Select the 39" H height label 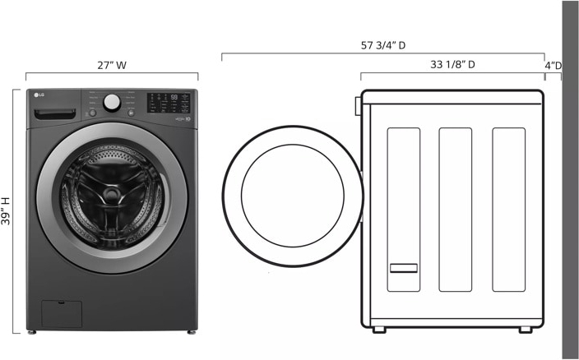pos(7,212)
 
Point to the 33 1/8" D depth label pos(452,64)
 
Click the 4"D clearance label pos(554,65)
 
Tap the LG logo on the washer pos(38,94)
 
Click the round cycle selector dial pos(112,102)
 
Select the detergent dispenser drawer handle pos(66,112)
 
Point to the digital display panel pos(171,102)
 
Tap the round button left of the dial pos(92,111)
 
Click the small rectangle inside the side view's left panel pos(403,267)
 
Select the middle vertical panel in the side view pos(456,210)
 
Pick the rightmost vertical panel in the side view pos(508,210)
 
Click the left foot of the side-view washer pos(378,330)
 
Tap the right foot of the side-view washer pos(525,330)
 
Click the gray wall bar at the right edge pos(570,179)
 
